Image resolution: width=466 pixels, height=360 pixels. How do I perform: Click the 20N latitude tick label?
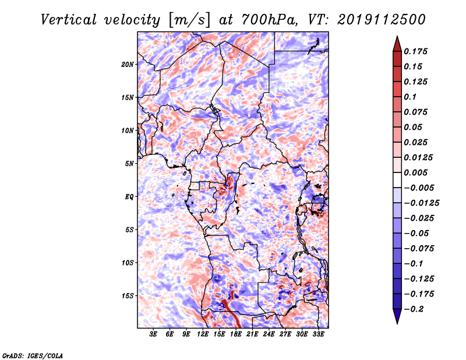128,65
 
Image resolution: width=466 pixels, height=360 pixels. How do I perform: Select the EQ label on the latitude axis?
129,197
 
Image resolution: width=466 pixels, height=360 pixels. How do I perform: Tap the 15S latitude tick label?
128,296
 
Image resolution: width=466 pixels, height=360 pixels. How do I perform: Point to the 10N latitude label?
128,130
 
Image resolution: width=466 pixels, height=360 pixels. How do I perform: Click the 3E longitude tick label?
153,334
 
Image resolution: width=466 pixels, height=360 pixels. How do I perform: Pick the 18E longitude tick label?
236,334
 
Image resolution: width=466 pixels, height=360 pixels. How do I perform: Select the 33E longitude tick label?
318,334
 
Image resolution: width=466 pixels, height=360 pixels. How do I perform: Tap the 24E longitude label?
269,334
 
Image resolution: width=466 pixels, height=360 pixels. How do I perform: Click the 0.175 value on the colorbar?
415,51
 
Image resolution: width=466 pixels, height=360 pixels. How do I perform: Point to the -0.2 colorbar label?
414,309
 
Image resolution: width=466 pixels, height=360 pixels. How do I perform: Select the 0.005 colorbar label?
415,172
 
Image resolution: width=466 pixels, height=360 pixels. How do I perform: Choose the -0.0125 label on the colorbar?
421,203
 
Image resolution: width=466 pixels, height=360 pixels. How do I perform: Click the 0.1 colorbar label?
410,97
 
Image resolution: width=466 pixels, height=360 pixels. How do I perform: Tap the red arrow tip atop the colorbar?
397,37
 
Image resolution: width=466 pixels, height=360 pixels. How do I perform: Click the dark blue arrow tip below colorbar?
397,323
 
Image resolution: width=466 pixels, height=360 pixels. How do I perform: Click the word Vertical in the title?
68,20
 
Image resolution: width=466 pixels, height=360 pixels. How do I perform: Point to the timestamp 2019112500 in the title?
382,20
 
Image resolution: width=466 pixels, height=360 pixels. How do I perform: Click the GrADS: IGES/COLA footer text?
33,356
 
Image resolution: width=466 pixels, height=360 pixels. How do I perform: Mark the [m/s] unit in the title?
189,20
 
